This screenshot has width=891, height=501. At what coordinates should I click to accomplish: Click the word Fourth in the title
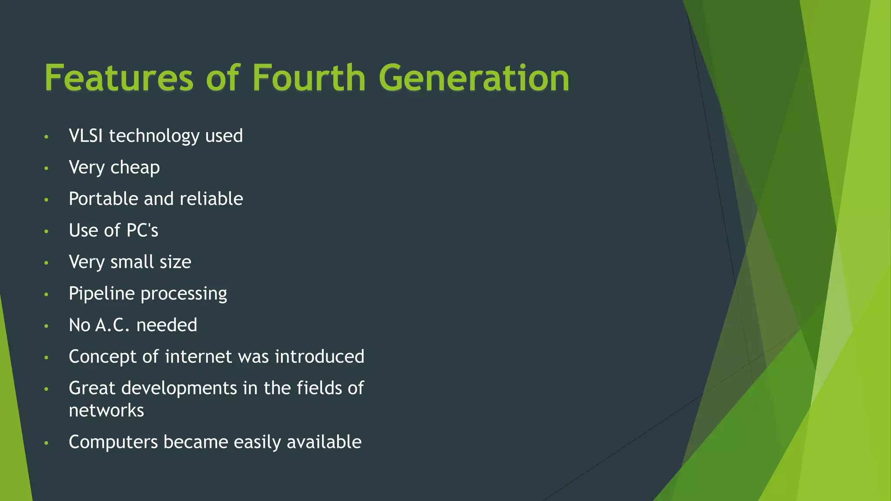tap(309, 78)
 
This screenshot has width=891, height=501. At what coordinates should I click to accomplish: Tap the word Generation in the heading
tap(474, 78)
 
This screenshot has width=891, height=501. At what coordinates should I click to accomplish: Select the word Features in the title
tap(119, 78)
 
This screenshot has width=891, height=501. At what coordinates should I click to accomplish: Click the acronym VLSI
tap(86, 136)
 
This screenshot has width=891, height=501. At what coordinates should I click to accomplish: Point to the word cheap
tap(135, 168)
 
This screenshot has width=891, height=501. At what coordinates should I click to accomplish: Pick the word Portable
tap(104, 199)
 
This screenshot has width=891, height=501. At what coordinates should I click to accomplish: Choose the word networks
tap(106, 411)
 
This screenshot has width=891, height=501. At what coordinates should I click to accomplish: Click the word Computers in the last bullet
tap(113, 442)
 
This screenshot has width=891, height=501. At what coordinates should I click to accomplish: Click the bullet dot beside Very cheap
tap(46, 168)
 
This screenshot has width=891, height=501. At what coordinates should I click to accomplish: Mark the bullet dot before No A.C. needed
tap(46, 326)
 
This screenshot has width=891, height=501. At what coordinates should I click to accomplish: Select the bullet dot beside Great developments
tap(46, 389)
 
